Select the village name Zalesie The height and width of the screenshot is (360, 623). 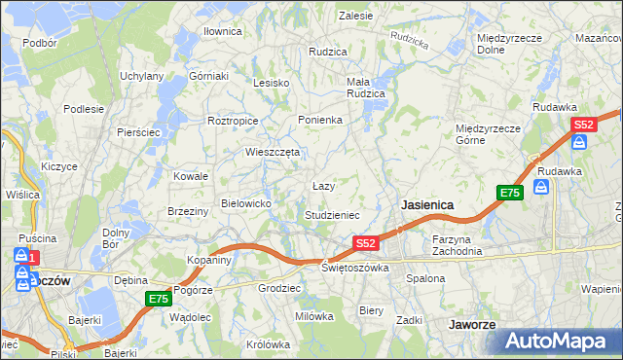356,16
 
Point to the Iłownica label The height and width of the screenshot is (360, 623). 222,31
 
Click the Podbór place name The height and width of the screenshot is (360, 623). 40,43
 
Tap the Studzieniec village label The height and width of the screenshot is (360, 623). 333,214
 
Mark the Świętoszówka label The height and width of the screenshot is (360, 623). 355,268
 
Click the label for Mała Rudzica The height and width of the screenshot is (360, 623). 366,88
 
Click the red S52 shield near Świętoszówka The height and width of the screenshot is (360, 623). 365,242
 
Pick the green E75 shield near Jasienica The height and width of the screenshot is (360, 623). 510,193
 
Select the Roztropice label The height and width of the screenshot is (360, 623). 233,121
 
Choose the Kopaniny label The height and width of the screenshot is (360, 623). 209,260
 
